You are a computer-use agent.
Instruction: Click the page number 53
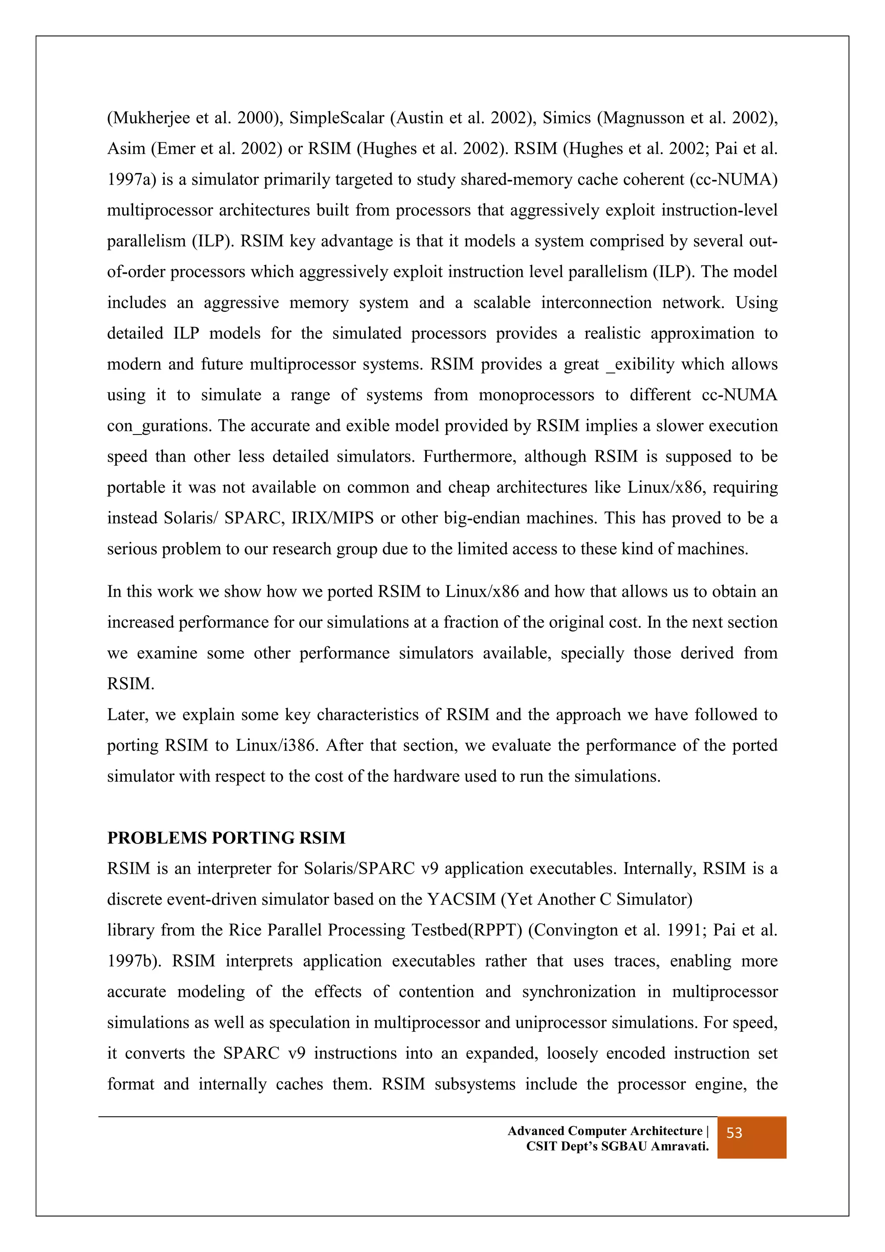click(734, 1133)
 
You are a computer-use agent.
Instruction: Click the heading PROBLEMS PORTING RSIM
click(226, 837)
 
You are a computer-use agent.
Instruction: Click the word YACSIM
click(462, 899)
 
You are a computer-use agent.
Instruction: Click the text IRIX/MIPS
click(332, 517)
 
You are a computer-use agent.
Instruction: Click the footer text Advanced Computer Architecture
click(605, 1131)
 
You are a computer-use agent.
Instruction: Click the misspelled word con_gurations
click(159, 425)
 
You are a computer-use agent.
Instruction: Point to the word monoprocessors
click(536, 394)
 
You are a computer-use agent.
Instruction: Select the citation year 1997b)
click(134, 960)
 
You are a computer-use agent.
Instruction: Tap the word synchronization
click(579, 991)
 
